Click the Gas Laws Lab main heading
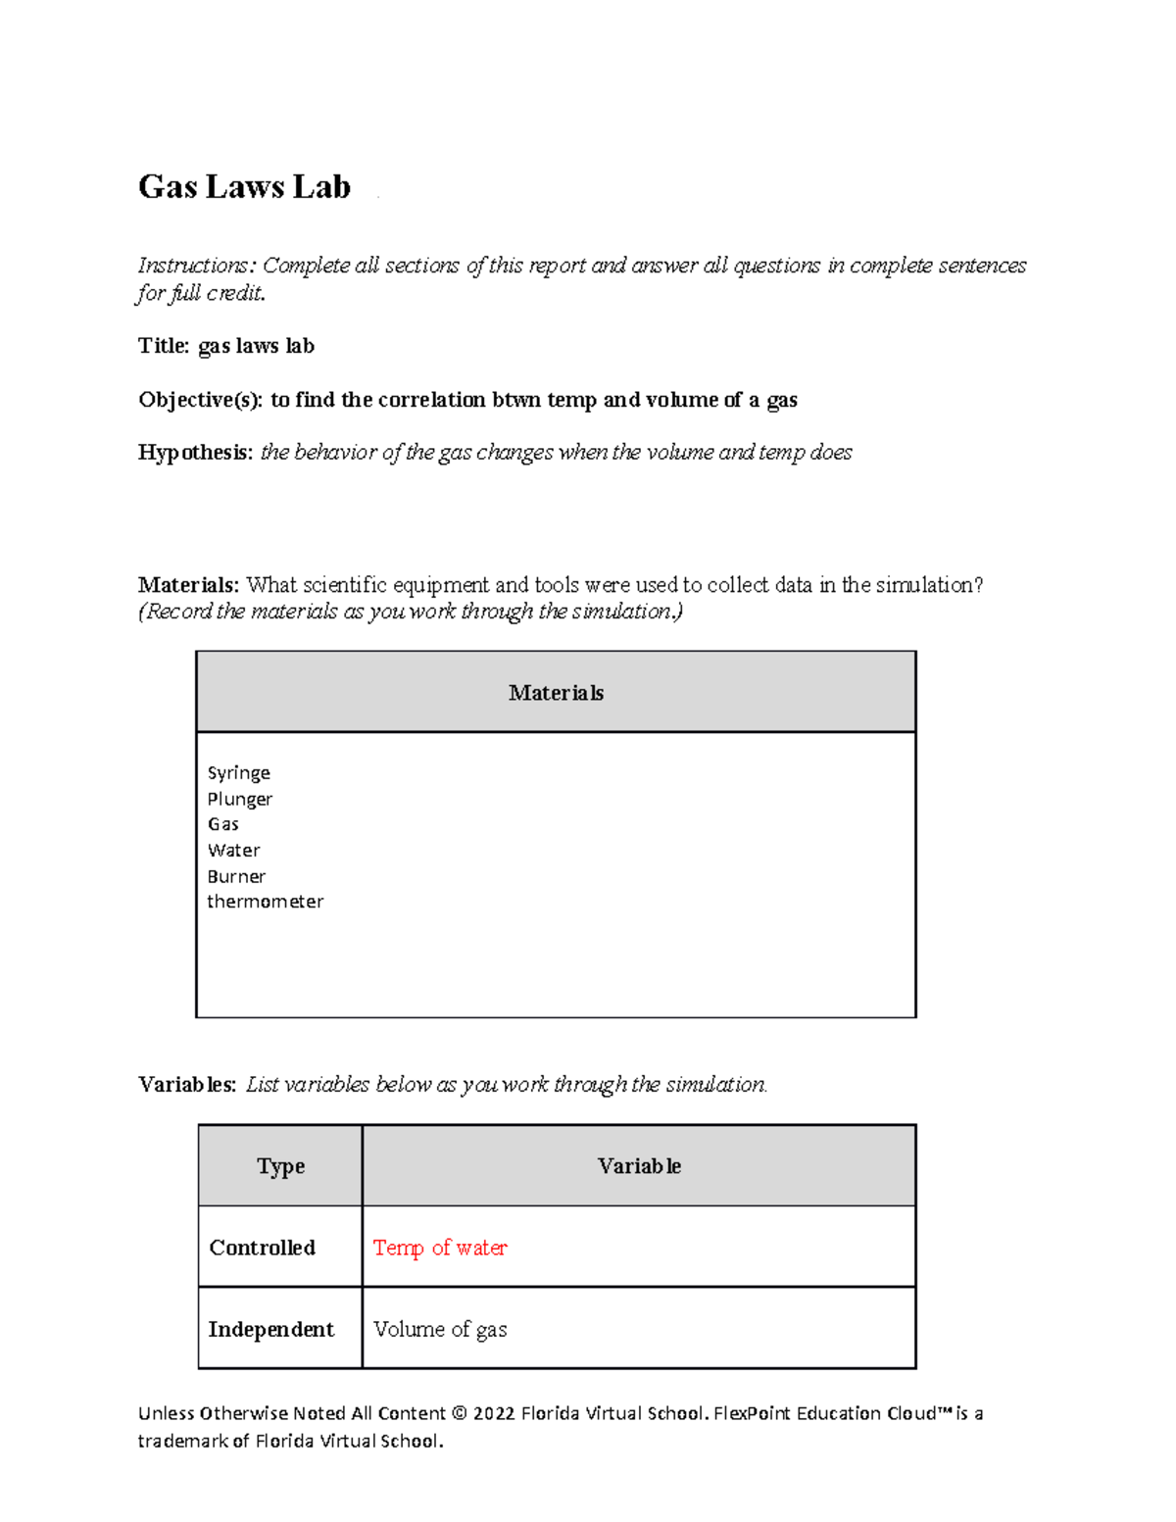point(244,186)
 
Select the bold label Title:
point(164,346)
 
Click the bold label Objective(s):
point(201,400)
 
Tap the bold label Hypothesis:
point(195,452)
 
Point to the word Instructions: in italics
point(197,266)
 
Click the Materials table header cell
point(556,693)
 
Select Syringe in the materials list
point(238,773)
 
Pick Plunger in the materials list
point(239,799)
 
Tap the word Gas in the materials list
point(222,824)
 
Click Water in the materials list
point(233,851)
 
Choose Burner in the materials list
point(236,876)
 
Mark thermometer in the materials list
point(265,902)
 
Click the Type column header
point(280,1166)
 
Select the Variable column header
point(639,1166)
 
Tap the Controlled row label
point(262,1248)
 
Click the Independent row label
point(270,1330)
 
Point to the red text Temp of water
point(440,1248)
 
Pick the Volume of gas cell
point(440,1330)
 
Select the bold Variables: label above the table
point(187,1085)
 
